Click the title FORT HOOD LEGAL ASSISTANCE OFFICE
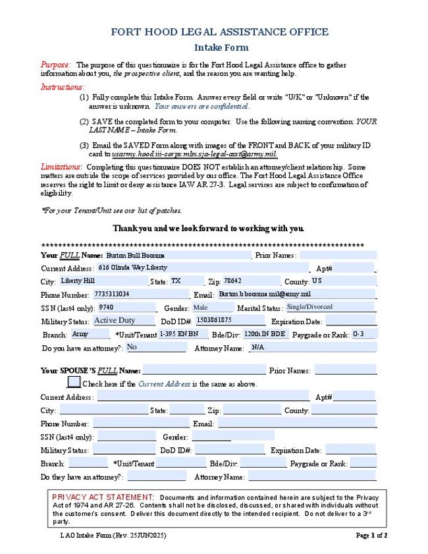[x=219, y=32]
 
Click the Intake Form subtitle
[x=221, y=47]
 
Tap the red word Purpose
[x=55, y=65]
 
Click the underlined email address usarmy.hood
[x=194, y=153]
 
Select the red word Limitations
[x=61, y=167]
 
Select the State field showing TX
[x=184, y=281]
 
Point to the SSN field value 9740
[x=126, y=307]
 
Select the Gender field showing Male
[x=211, y=307]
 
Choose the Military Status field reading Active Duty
[x=123, y=320]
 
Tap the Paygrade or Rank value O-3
[x=363, y=334]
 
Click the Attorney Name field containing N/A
[x=312, y=347]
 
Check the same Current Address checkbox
[x=74, y=382]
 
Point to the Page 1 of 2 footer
[x=371, y=536]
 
